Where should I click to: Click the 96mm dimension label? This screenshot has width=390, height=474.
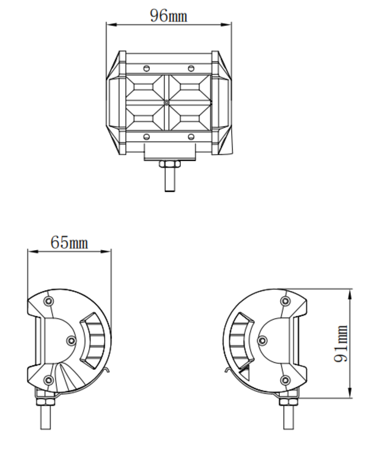168,16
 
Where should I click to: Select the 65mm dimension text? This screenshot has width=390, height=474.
69,242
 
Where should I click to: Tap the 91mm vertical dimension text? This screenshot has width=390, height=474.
342,344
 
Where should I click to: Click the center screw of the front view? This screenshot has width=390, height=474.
168,103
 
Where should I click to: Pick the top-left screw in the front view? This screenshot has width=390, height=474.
146,68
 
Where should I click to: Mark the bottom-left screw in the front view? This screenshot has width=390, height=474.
146,137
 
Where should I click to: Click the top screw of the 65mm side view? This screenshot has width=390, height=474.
49,302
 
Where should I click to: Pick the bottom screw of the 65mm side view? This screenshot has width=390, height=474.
49,380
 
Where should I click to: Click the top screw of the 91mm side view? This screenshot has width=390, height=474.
285,302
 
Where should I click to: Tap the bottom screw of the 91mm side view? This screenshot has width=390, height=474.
285,380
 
